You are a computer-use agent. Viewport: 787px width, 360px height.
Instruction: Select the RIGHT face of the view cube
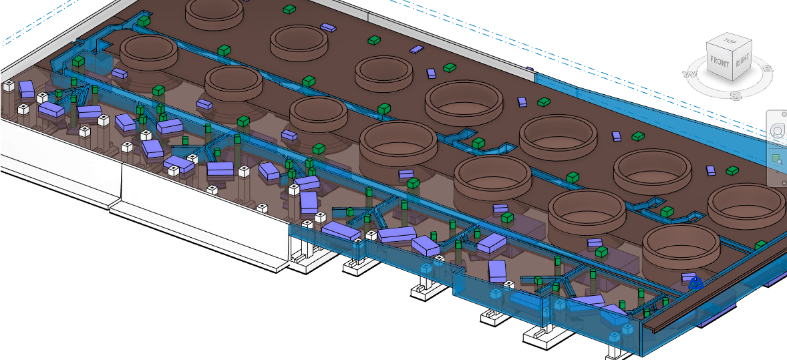click(742, 63)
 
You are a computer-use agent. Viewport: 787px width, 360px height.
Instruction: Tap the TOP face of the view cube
click(730, 41)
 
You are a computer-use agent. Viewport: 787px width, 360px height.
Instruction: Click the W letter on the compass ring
click(687, 74)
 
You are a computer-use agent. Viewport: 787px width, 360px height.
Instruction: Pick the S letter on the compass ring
click(736, 96)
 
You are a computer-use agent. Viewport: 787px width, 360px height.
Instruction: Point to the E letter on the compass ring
click(768, 68)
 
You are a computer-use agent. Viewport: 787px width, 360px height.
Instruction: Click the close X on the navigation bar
click(784, 114)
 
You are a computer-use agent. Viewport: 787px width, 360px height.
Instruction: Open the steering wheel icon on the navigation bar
click(777, 132)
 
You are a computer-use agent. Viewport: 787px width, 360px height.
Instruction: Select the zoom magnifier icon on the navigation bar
click(777, 159)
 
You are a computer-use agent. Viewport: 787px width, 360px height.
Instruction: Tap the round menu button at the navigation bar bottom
click(784, 182)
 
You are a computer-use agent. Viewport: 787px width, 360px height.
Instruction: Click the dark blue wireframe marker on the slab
click(695, 283)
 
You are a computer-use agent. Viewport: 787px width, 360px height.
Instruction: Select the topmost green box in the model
click(289, 9)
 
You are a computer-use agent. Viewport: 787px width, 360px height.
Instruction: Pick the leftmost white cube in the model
click(9, 85)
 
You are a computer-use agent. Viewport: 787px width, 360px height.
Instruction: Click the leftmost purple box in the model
click(26, 88)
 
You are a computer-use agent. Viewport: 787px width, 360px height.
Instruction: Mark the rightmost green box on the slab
click(761, 246)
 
